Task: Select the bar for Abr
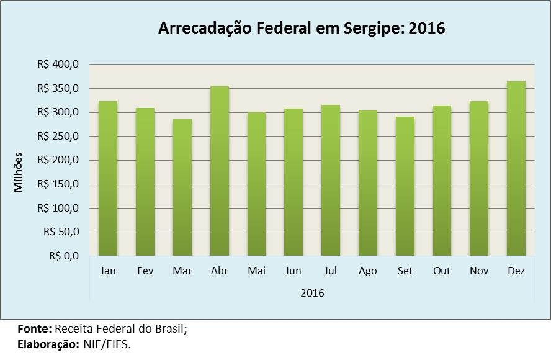220,171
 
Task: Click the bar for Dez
516,168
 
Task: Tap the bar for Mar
182,187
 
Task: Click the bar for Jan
108,178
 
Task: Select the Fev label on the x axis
145,271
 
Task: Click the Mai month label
256,271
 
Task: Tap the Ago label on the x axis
368,271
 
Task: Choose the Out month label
442,271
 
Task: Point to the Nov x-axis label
479,271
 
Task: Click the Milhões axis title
19,171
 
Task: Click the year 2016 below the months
312,292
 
